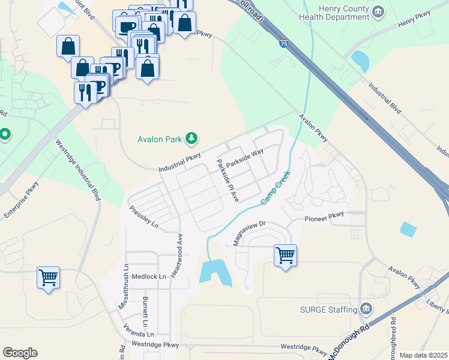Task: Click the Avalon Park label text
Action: tap(159, 139)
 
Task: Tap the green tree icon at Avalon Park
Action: tap(191, 139)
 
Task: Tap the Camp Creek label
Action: tap(276, 187)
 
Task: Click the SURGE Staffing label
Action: tap(329, 310)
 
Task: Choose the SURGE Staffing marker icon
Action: tap(367, 310)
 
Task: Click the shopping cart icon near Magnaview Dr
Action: tap(285, 256)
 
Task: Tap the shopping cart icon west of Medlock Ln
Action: tap(48, 278)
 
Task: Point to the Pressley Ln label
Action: tap(144, 217)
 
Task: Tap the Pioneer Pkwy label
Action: tap(324, 217)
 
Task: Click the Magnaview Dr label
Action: tap(249, 232)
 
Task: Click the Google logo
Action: tap(20, 352)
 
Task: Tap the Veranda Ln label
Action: tap(139, 334)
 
